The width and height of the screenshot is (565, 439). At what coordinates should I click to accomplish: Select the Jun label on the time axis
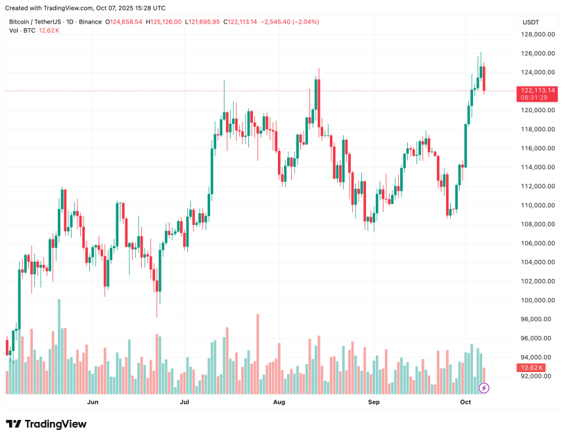93,401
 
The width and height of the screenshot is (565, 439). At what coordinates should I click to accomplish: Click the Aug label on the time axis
279,401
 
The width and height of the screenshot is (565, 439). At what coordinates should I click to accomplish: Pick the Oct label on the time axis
466,401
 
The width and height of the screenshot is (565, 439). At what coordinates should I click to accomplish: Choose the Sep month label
373,401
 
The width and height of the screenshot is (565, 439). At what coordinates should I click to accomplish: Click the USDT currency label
531,22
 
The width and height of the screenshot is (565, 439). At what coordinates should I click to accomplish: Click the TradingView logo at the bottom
46,424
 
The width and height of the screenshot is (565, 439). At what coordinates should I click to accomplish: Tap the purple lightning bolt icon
484,388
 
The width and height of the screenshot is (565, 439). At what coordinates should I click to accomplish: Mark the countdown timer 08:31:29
535,97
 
